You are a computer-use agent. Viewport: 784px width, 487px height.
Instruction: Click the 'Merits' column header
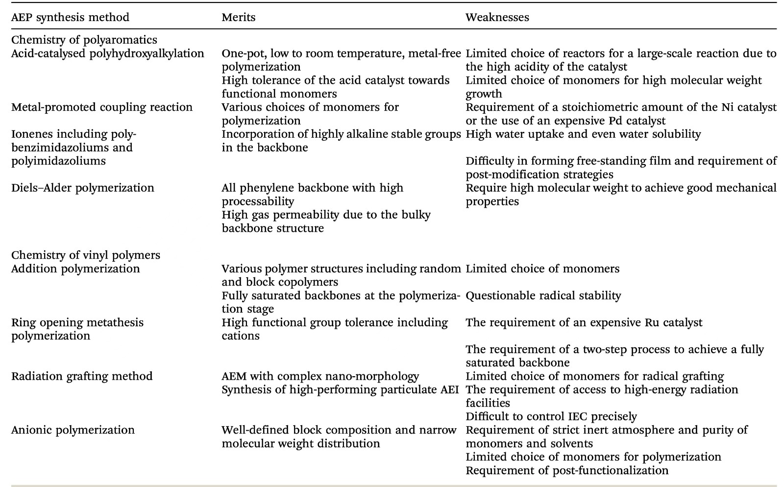(238, 17)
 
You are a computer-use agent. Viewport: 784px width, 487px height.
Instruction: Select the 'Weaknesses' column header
(497, 17)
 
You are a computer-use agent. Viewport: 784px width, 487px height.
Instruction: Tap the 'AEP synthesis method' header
(70, 17)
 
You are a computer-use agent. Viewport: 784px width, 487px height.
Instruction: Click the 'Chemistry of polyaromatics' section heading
(84, 40)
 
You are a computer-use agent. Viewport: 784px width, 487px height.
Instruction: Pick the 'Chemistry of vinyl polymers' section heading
(86, 255)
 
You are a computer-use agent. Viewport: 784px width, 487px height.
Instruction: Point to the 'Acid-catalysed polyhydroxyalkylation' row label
(108, 53)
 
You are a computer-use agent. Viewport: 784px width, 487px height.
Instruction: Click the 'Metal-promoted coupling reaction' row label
(102, 107)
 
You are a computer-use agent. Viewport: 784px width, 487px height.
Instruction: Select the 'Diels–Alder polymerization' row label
(83, 188)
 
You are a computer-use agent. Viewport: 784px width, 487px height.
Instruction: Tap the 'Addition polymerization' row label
(75, 268)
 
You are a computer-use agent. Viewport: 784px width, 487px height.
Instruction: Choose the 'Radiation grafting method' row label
(82, 376)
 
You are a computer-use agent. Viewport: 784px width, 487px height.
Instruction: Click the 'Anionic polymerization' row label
(73, 430)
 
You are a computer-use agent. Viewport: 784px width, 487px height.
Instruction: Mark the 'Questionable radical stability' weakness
(543, 295)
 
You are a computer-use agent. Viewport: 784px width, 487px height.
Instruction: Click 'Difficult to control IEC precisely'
(551, 416)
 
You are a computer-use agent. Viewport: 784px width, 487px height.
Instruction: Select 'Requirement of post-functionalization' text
(567, 470)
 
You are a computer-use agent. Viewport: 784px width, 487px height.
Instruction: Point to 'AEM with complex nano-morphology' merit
(320, 376)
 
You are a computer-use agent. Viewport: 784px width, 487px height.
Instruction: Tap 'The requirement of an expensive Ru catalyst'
(584, 322)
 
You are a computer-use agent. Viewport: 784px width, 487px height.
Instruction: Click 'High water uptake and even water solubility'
(583, 134)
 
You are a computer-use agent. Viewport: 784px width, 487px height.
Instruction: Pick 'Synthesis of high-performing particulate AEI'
(340, 390)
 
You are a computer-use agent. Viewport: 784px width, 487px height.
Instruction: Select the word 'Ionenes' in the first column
(32, 134)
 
